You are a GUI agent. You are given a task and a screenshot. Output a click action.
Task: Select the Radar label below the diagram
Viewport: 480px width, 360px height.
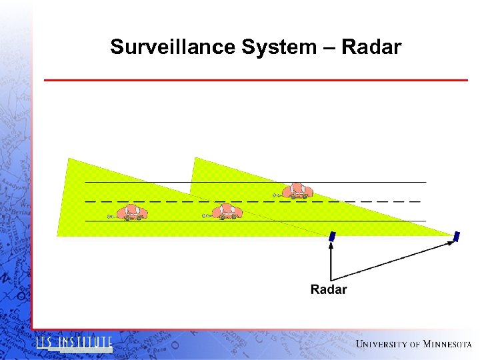(329, 289)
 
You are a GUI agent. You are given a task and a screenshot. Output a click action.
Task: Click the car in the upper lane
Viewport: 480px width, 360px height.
(297, 191)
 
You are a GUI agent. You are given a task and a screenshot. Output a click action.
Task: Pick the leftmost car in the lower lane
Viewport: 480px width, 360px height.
(131, 213)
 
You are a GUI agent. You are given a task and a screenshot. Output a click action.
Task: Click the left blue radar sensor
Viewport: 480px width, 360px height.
(332, 236)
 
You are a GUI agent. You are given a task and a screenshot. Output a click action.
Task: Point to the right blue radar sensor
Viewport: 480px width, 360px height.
(457, 236)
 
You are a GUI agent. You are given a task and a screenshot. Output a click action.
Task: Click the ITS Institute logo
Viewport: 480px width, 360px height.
(74, 343)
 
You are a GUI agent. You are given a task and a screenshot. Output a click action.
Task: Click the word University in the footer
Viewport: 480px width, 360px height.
(382, 344)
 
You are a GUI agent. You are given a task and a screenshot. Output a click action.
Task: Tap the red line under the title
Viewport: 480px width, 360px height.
(256, 81)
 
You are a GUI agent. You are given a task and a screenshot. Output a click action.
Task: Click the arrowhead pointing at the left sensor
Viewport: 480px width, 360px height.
(331, 244)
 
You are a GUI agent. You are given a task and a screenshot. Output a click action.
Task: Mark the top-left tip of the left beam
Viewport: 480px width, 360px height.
(68, 159)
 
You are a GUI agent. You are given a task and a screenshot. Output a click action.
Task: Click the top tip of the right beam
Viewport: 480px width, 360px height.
(194, 159)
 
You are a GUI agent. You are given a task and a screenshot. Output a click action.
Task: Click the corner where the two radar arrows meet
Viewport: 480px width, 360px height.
(331, 278)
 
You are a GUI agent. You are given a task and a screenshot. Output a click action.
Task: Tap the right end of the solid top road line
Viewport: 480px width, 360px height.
(425, 182)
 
